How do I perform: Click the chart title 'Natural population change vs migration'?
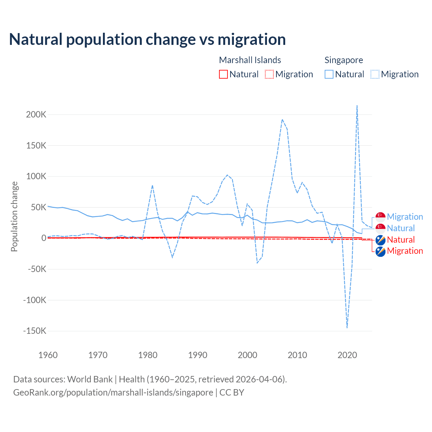[147, 39]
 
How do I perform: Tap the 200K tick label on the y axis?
[36, 114]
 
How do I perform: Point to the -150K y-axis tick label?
[34, 331]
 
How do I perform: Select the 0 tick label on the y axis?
[44, 238]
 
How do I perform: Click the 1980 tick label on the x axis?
[148, 355]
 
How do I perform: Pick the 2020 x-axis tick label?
[347, 355]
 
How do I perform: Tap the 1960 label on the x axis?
[48, 355]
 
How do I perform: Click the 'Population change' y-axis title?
[14, 216]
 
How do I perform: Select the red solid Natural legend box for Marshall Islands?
[223, 74]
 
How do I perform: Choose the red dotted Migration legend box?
[269, 74]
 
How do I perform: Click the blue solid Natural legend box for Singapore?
[329, 74]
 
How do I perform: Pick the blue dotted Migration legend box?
[375, 74]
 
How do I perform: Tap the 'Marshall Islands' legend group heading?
[250, 60]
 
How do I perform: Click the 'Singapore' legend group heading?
[344, 60]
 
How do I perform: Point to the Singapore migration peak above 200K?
[357, 106]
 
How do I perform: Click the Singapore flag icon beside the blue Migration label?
[380, 217]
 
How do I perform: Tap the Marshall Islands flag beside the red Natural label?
[380, 240]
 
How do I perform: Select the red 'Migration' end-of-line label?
[405, 251]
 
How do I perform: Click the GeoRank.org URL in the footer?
[113, 393]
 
